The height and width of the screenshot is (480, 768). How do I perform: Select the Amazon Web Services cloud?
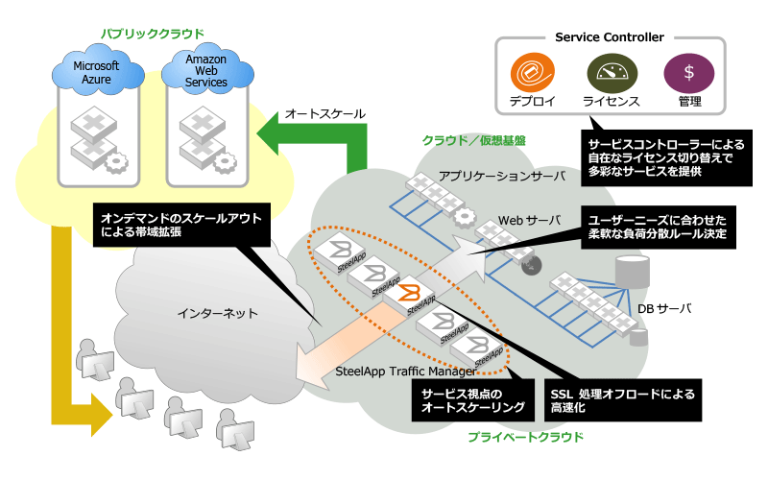(207, 70)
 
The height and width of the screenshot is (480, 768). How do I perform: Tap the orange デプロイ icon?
(533, 73)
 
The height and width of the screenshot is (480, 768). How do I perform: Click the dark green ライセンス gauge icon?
(612, 74)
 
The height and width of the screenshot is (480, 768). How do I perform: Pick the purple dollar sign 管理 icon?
(688, 73)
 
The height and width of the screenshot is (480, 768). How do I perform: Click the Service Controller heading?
(610, 37)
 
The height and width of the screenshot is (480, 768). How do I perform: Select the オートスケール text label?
(325, 114)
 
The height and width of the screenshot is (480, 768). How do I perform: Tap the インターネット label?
(218, 313)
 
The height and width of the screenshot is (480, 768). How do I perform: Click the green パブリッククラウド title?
(153, 34)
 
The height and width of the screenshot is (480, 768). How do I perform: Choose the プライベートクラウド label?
(525, 437)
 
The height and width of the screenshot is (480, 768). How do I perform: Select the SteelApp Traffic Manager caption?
(405, 372)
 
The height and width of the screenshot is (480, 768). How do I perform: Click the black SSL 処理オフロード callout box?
(622, 400)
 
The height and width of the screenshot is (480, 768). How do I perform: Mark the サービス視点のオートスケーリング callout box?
(472, 400)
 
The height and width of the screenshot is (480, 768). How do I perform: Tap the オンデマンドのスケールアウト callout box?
(181, 225)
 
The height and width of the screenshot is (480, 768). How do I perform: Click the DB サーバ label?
(664, 308)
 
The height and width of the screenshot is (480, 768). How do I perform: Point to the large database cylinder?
(633, 272)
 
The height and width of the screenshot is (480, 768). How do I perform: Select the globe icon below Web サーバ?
(532, 265)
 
